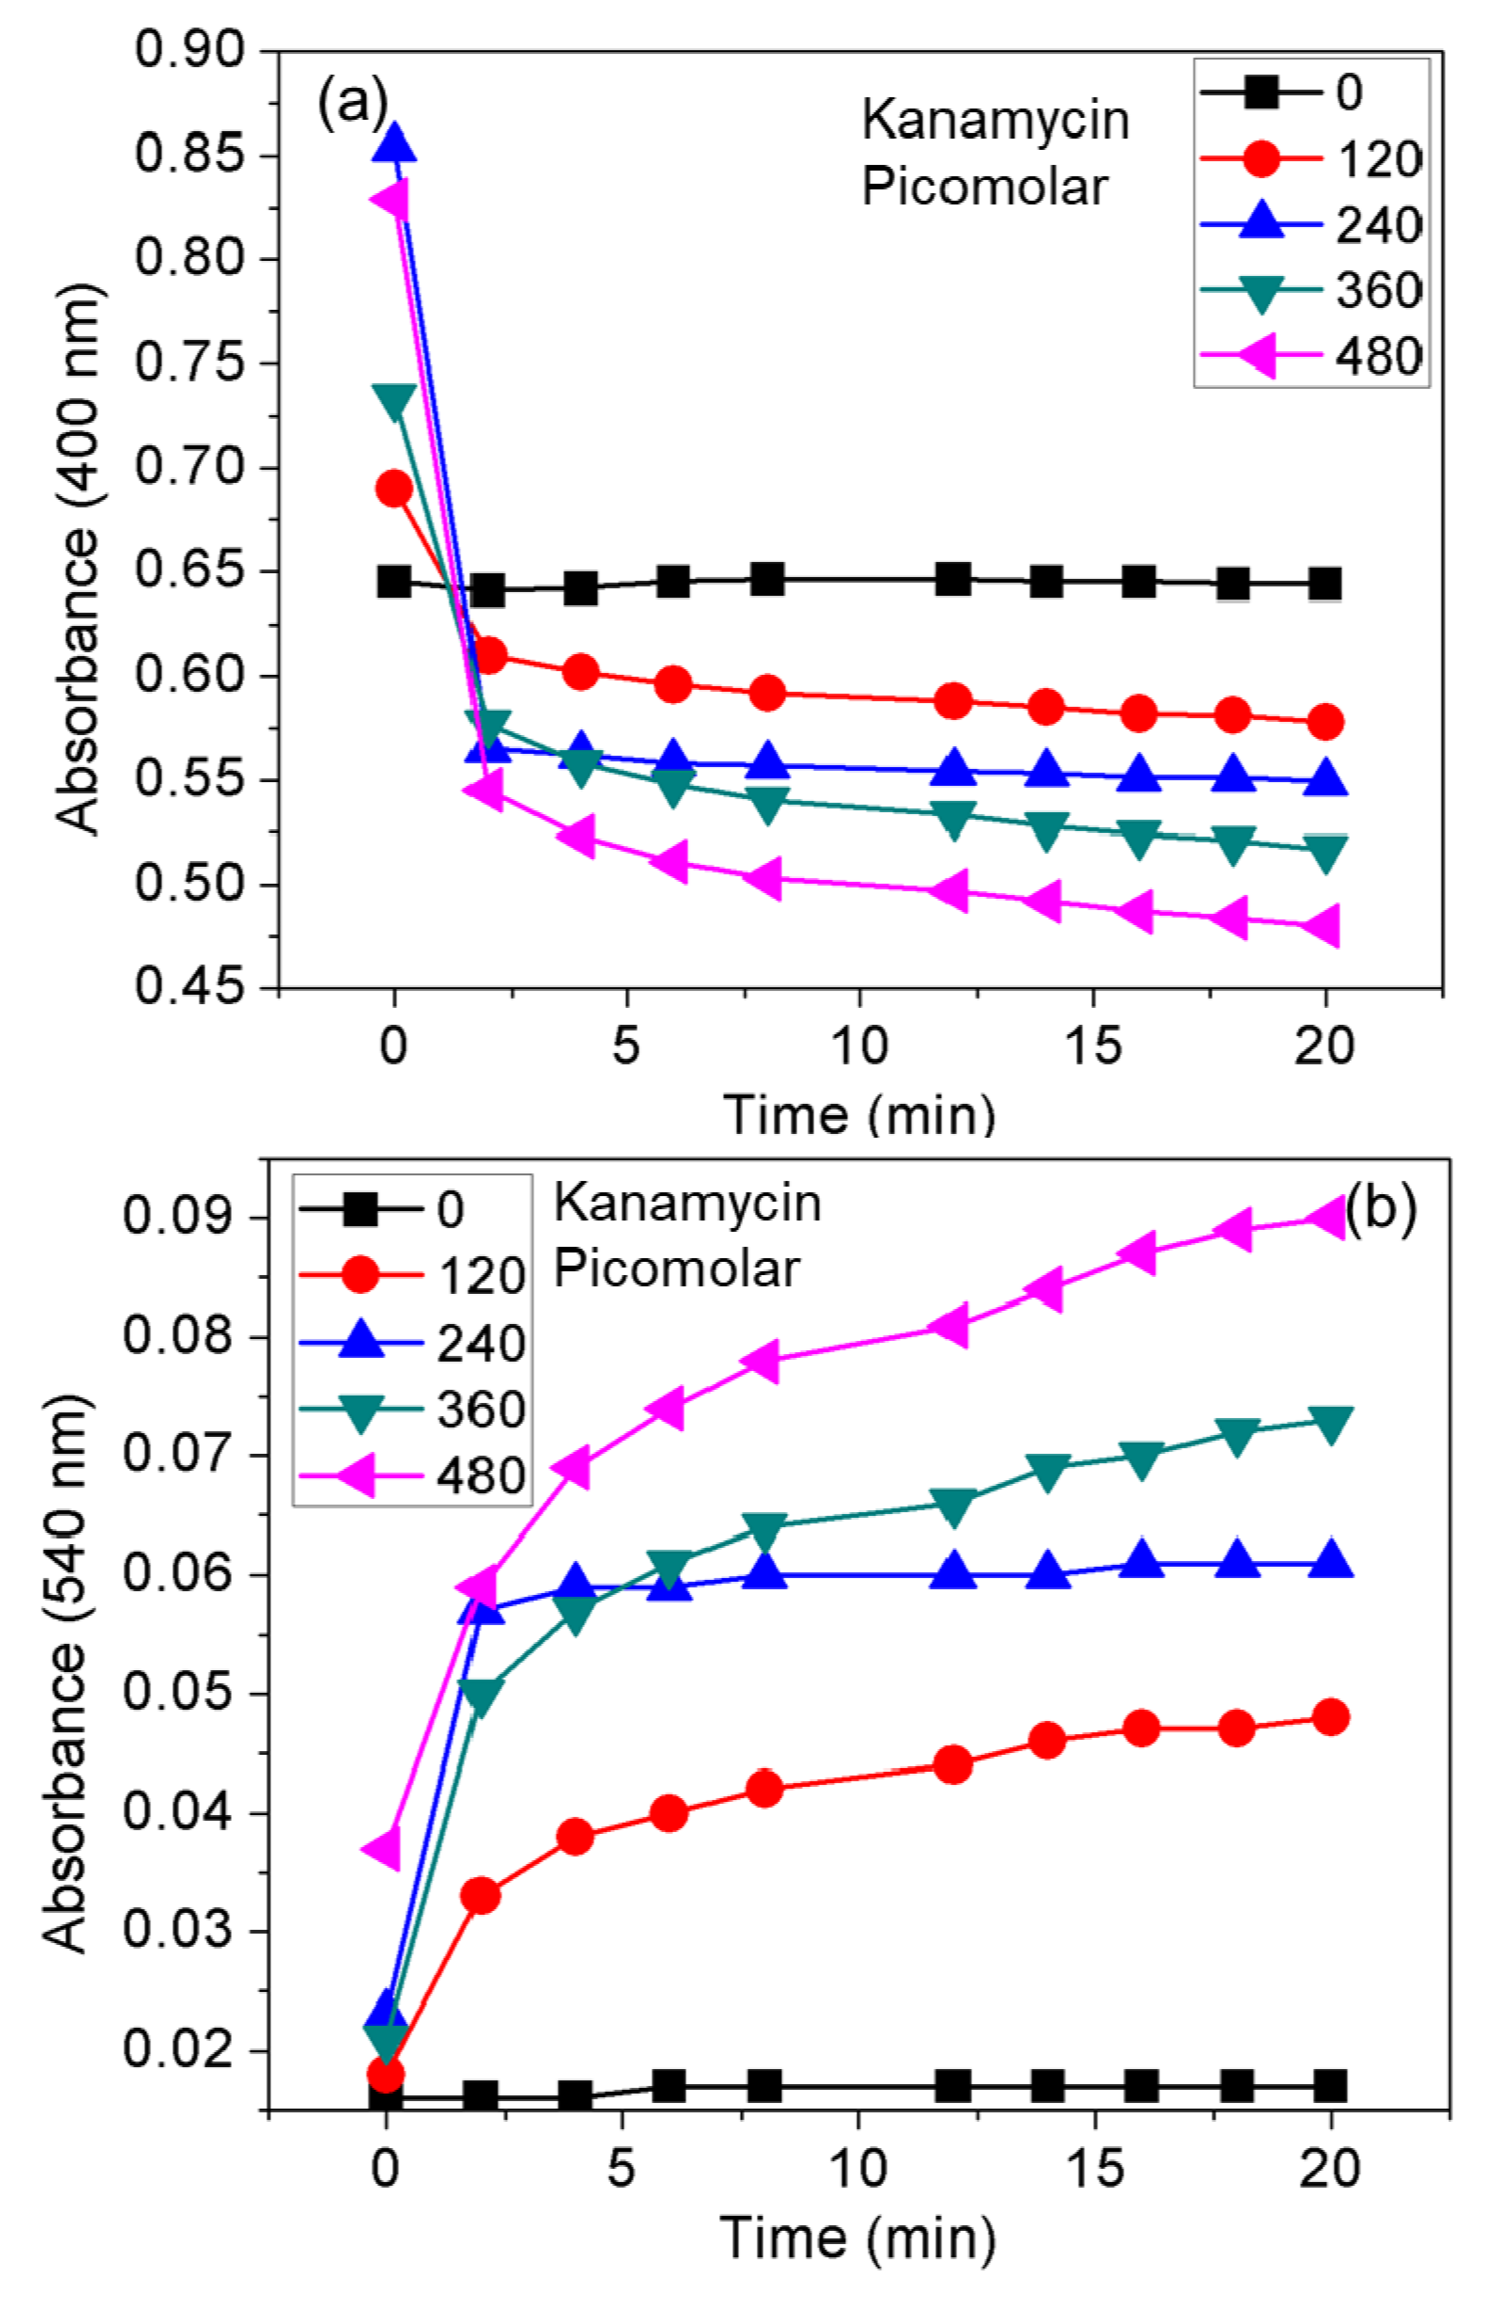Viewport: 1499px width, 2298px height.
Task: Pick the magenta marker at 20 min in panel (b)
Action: pos(1327,1217)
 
